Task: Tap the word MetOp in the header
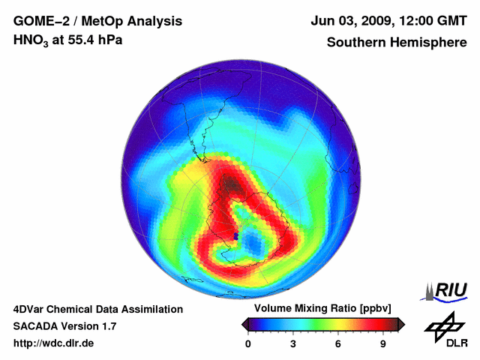100,21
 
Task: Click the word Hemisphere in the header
427,42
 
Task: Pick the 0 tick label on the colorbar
248,344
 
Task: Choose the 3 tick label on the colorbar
293,344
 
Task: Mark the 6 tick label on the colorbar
338,344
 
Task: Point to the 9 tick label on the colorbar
382,344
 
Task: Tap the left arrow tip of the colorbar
243,324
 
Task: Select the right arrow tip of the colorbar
403,324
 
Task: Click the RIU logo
445,290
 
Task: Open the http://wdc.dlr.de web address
54,343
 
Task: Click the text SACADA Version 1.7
64,326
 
